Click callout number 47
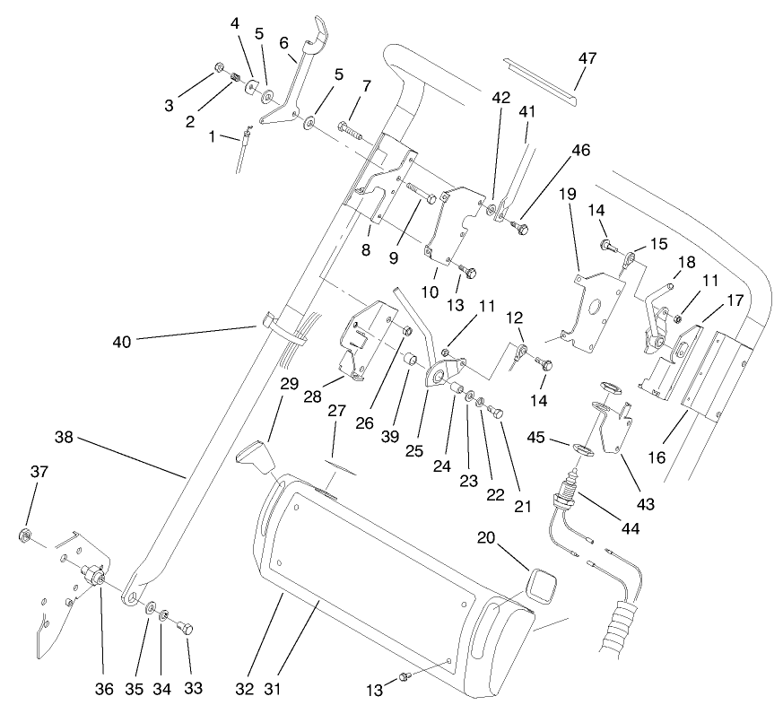pos(587,57)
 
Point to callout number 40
pos(122,341)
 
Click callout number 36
pos(104,689)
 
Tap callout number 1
pos(213,137)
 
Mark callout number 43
pos(644,505)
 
